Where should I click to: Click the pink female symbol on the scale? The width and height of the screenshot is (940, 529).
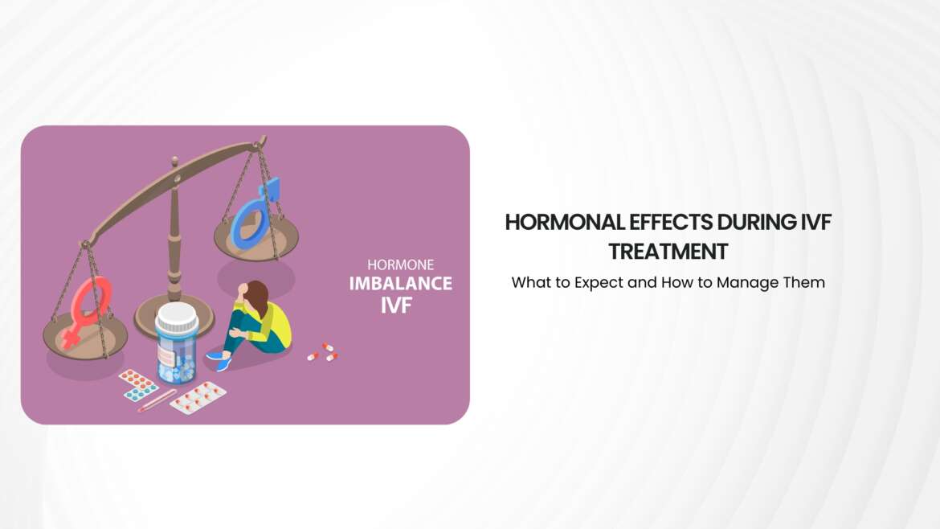click(x=91, y=309)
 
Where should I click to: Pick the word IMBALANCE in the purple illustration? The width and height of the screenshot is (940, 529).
click(x=400, y=283)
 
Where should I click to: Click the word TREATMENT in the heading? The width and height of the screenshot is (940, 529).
click(x=668, y=252)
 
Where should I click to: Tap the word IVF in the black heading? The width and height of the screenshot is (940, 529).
click(x=812, y=223)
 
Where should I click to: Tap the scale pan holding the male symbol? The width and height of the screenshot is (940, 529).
click(x=256, y=239)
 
